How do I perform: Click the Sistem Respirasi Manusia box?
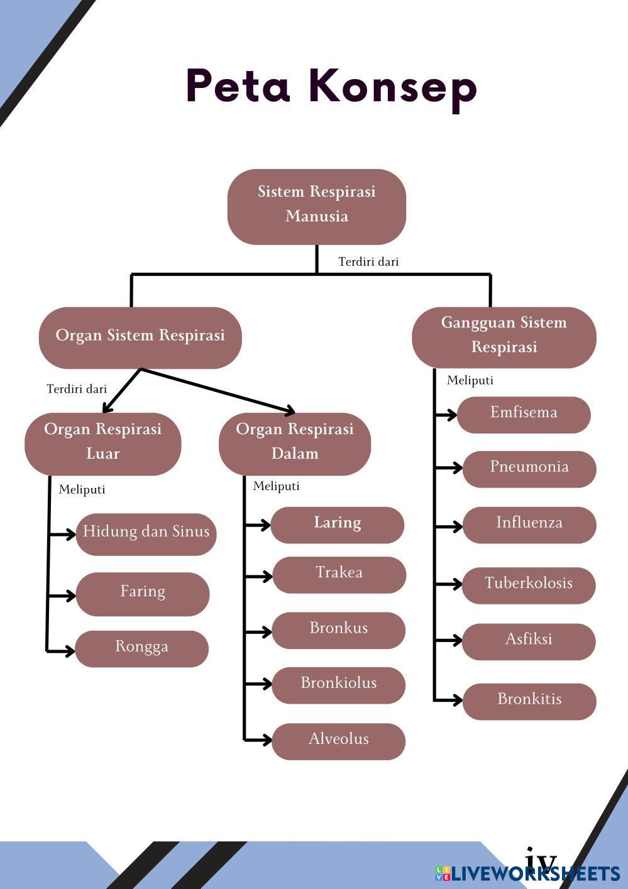[x=316, y=206]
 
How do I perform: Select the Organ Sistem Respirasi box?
[x=140, y=337]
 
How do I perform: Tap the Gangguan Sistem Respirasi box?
[x=504, y=337]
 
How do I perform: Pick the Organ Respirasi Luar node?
[x=103, y=443]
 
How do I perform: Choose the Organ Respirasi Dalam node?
[x=295, y=443]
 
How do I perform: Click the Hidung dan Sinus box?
[x=146, y=533]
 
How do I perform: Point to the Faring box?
[x=143, y=593]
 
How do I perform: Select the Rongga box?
[x=142, y=648]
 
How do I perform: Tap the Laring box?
[x=338, y=525]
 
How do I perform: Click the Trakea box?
[x=339, y=574]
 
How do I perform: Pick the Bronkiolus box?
[x=338, y=685]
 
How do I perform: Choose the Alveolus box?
[x=338, y=741]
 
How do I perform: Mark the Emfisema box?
[x=524, y=414]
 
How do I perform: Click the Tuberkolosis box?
[x=529, y=585]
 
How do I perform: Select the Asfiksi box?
[x=529, y=641]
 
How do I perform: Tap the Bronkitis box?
[x=529, y=701]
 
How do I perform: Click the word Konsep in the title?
[x=394, y=86]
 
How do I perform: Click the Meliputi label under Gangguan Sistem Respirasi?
[x=470, y=380]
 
